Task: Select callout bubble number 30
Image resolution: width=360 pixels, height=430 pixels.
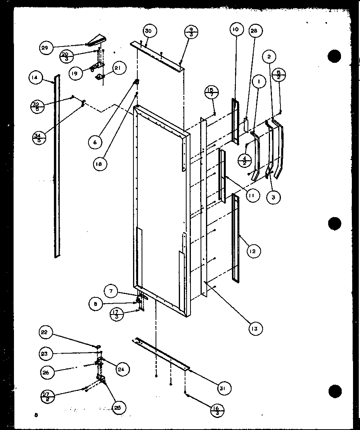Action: [x=148, y=31]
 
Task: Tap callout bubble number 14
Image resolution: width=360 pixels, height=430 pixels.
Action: [x=35, y=78]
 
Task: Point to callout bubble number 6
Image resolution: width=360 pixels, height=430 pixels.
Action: [x=95, y=142]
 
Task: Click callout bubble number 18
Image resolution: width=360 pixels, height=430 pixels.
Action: [x=100, y=164]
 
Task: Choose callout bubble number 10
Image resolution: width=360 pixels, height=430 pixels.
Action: [x=236, y=29]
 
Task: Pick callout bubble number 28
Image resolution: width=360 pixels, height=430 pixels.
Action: [x=256, y=31]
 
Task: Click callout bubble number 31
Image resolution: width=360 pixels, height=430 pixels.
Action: [x=225, y=388]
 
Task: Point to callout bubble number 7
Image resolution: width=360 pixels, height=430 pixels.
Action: [x=111, y=291]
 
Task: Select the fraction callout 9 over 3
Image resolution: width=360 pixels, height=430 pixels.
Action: [x=190, y=31]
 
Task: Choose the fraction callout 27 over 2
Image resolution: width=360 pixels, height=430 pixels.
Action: [x=48, y=397]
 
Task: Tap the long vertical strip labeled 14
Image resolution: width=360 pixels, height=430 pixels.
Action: [x=57, y=167]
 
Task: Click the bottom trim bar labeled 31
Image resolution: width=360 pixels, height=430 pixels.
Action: [x=161, y=353]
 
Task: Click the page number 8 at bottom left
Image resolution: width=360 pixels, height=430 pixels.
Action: [x=36, y=415]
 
